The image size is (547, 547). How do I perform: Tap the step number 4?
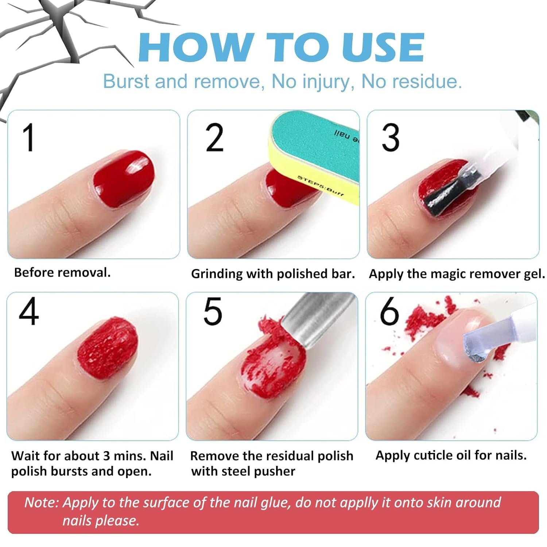pyautogui.click(x=28, y=312)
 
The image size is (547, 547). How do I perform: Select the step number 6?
pyautogui.click(x=389, y=311)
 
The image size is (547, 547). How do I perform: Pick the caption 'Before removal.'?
pyautogui.click(x=62, y=272)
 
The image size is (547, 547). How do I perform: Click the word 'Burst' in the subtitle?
pyautogui.click(x=127, y=81)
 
